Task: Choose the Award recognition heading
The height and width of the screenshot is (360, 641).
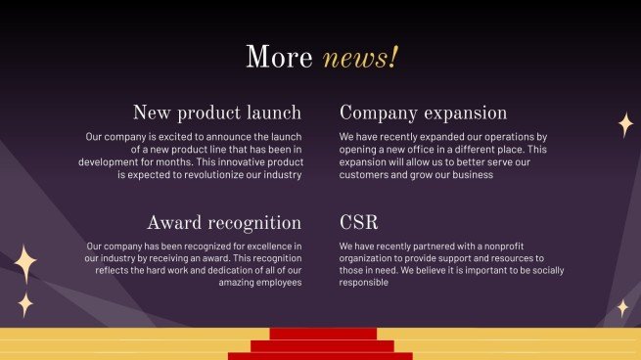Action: point(224,222)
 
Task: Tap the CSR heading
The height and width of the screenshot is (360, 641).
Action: point(358,222)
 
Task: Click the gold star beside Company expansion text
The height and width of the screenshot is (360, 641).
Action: point(623,124)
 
